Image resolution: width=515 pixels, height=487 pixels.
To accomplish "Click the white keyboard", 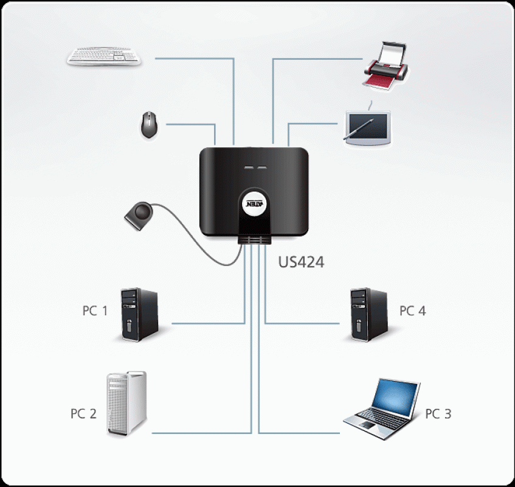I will [x=105, y=57].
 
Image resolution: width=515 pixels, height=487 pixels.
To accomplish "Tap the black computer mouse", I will [x=148, y=125].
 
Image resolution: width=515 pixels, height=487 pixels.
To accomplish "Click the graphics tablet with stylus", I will [x=366, y=127].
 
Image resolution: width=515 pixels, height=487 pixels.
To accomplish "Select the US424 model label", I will [x=301, y=262].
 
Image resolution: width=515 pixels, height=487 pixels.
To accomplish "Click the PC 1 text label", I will [x=95, y=311].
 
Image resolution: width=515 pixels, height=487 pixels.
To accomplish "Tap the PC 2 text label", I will [x=83, y=414].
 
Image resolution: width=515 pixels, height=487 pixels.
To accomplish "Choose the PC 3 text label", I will [x=438, y=414].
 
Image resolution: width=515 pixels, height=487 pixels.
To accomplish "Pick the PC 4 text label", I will [x=412, y=311].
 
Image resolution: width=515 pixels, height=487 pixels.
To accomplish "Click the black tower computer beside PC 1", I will [x=139, y=314].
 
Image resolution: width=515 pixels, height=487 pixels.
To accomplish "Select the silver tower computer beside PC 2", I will [x=126, y=404].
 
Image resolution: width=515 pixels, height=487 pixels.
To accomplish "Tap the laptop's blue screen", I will [x=395, y=395].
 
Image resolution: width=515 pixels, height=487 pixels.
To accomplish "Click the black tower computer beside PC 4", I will [x=368, y=314].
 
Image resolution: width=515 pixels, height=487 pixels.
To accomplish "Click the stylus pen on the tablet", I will [x=359, y=130].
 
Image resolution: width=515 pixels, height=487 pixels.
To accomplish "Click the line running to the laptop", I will [x=298, y=433].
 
